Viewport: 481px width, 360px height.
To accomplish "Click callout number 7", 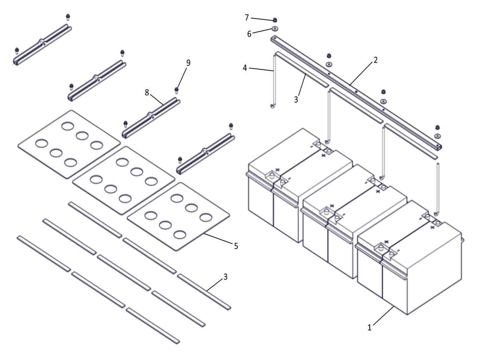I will (x=247, y=17).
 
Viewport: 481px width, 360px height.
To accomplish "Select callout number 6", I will (x=249, y=34).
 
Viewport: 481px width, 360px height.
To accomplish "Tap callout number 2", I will (x=376, y=60).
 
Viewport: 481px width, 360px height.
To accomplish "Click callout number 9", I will (x=188, y=63).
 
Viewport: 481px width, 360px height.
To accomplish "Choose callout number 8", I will (x=147, y=93).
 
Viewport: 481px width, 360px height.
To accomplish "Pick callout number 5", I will (x=236, y=246).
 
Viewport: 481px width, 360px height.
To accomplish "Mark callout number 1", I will (x=369, y=327).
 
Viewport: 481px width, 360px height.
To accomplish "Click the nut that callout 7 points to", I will (x=275, y=20).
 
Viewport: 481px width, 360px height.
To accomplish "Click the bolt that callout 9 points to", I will (x=177, y=90).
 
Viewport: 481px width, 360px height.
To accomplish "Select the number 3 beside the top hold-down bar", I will (x=296, y=100).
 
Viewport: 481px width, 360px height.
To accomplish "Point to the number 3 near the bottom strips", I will (x=225, y=277).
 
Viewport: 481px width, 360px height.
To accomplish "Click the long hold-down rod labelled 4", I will (x=273, y=81).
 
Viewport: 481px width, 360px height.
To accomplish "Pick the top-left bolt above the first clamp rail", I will (x=68, y=17).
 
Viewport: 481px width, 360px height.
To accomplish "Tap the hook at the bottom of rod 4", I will (x=272, y=106).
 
